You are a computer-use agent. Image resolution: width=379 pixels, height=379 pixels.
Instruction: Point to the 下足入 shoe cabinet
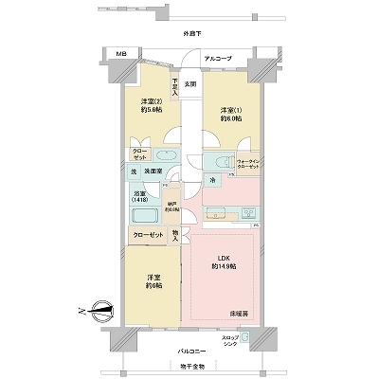[x=175, y=85]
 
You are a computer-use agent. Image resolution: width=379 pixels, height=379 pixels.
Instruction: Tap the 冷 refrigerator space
[x=212, y=181]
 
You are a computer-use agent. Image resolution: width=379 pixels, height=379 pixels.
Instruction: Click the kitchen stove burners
[x=212, y=212]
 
